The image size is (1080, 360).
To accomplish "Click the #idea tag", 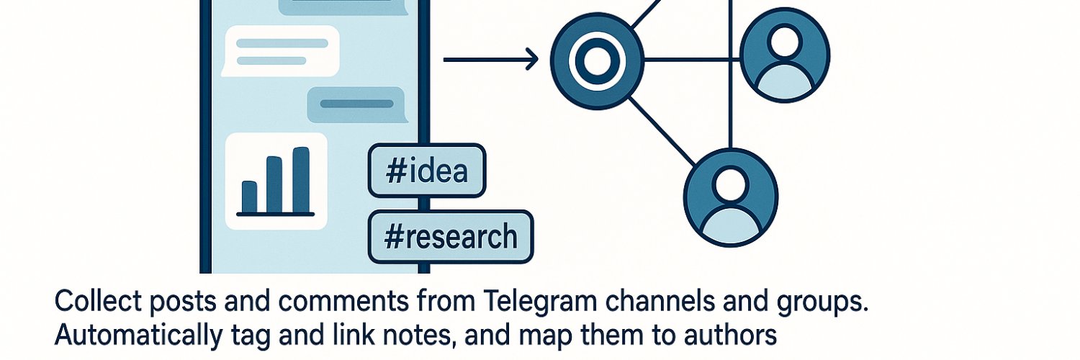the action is click(427, 171).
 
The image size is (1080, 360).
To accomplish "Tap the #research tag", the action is click(450, 237).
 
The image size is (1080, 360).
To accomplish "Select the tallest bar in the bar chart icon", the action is click(302, 180).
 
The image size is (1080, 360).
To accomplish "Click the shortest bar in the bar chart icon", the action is click(249, 197).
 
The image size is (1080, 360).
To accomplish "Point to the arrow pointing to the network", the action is click(491, 60).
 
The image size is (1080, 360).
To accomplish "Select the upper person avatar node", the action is click(785, 55).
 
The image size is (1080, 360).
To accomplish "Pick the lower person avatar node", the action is click(731, 197).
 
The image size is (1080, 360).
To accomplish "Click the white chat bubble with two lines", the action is click(281, 51).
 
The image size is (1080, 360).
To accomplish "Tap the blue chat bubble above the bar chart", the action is click(357, 104).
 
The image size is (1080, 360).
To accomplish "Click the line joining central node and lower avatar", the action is click(662, 131).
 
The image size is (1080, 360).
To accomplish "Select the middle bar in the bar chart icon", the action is click(274, 184).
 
